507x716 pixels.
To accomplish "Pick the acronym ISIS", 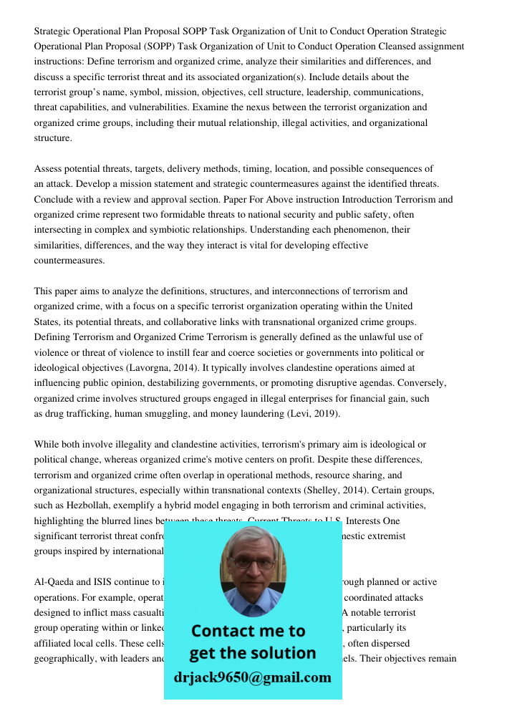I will point(107,582).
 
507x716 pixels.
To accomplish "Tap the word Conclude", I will point(54,200).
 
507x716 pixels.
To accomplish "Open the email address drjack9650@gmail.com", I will point(253,677).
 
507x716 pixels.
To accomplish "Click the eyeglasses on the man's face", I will point(253,562).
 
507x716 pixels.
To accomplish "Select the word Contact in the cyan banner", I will point(219,631).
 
